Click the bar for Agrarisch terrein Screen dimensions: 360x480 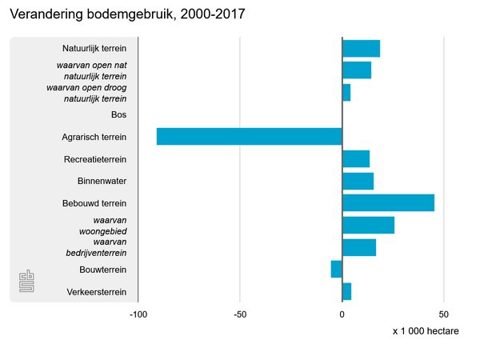point(249,137)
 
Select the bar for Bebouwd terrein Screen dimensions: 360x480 point(388,203)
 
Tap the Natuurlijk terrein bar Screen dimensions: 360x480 point(361,49)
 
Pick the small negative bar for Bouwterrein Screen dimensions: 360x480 point(337,270)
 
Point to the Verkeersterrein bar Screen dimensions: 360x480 point(346,291)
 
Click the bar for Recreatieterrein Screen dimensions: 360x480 point(356,159)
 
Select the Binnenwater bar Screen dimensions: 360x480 point(358,181)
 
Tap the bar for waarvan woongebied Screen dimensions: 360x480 point(368,225)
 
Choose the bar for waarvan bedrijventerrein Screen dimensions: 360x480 point(359,247)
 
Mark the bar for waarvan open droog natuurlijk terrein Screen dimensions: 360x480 point(346,93)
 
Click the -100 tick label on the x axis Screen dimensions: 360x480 point(138,314)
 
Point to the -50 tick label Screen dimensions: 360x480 point(240,314)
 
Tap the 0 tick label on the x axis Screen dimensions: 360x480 point(342,314)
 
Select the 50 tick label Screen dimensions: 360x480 point(444,314)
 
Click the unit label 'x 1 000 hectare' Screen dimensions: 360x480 point(426,331)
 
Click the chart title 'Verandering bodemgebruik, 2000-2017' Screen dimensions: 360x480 point(127,14)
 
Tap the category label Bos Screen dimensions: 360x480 point(119,115)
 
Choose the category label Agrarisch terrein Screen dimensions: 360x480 point(94,137)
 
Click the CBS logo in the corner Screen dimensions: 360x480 point(28,282)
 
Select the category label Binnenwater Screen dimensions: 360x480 point(102,181)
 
